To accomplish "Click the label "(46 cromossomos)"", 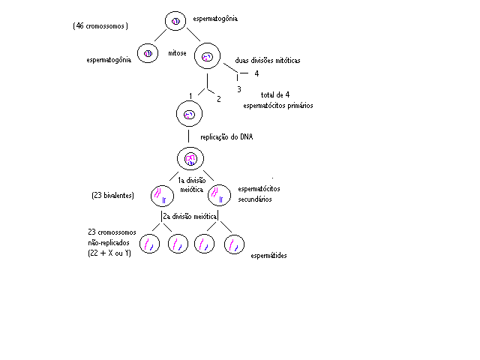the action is (100, 26).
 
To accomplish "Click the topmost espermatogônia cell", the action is (175, 21).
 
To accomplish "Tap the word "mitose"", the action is (177, 53).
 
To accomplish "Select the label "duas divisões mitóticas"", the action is (268, 60).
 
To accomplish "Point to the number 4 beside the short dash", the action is (256, 73).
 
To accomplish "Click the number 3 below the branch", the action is (239, 89).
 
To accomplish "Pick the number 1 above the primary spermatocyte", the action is (190, 96).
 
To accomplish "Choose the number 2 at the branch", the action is (218, 99).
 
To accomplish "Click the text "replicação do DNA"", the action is (226, 136).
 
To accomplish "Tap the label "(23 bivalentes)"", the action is (112, 195).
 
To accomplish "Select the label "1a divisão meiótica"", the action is (192, 185).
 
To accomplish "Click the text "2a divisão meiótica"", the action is (190, 217).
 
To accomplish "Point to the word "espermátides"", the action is (268, 256).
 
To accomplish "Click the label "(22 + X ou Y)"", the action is (109, 253).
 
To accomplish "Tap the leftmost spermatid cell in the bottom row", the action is (149, 244).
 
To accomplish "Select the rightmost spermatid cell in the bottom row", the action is (234, 244).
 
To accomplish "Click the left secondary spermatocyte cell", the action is (162, 196).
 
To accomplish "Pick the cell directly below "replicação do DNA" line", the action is (190, 158).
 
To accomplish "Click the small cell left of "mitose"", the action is (148, 53).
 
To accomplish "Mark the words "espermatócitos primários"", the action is (278, 106).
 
